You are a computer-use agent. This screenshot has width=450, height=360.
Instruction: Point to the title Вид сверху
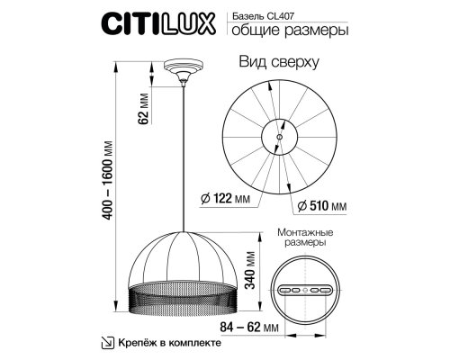(x=281, y=63)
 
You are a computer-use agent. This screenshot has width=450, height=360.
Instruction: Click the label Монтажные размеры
(x=303, y=238)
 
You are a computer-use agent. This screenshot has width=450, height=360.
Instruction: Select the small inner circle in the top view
(x=279, y=135)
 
